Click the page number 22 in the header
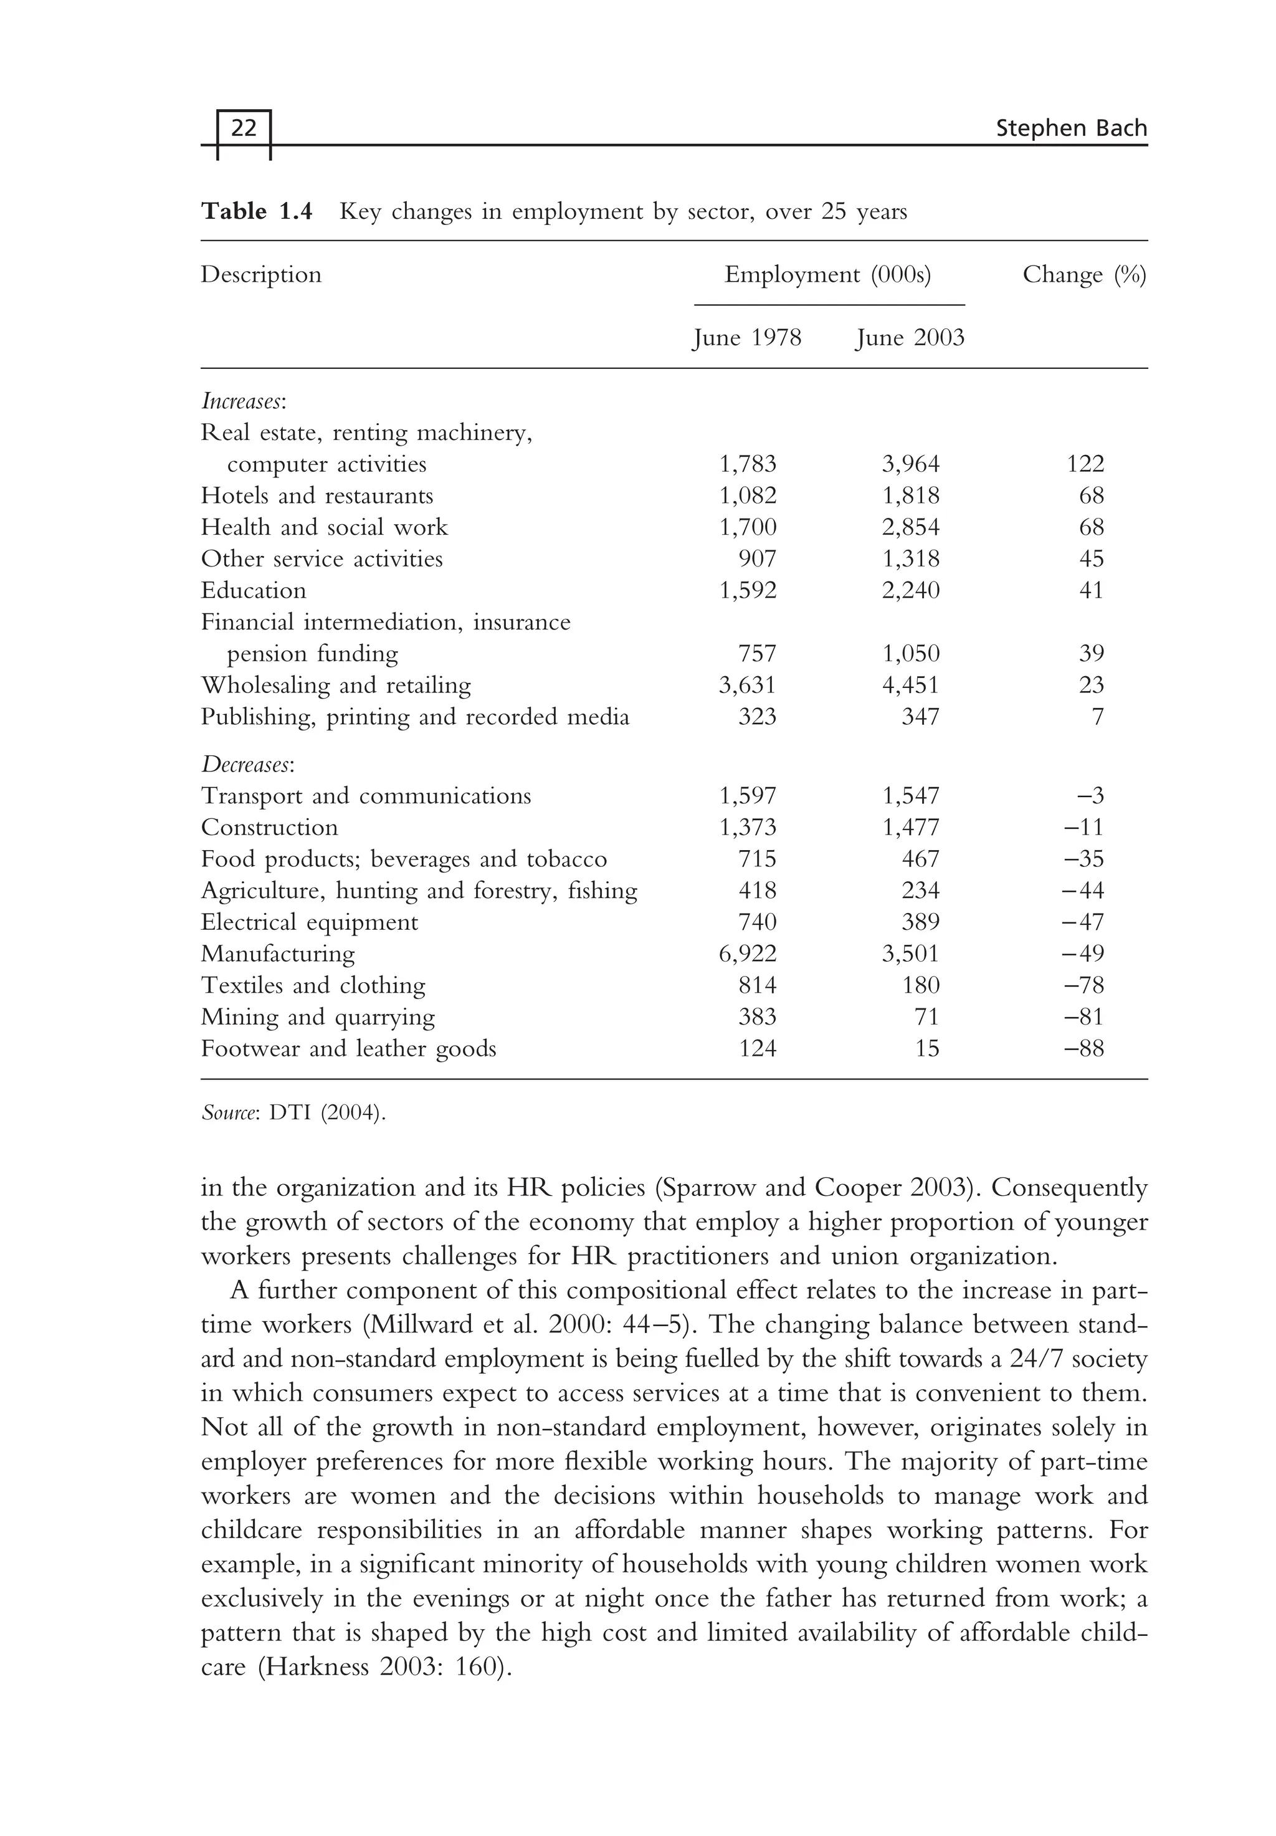pyautogui.click(x=243, y=129)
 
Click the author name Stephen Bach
pyautogui.click(x=1070, y=129)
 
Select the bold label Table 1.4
pyautogui.click(x=257, y=212)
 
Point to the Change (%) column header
pyautogui.click(x=1084, y=275)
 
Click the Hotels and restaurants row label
pyautogui.click(x=317, y=496)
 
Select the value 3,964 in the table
pyautogui.click(x=911, y=464)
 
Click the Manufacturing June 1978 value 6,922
pyautogui.click(x=748, y=954)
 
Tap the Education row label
pyautogui.click(x=254, y=591)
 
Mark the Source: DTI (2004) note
pyautogui.click(x=293, y=1113)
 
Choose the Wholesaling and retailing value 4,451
pyautogui.click(x=911, y=686)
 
